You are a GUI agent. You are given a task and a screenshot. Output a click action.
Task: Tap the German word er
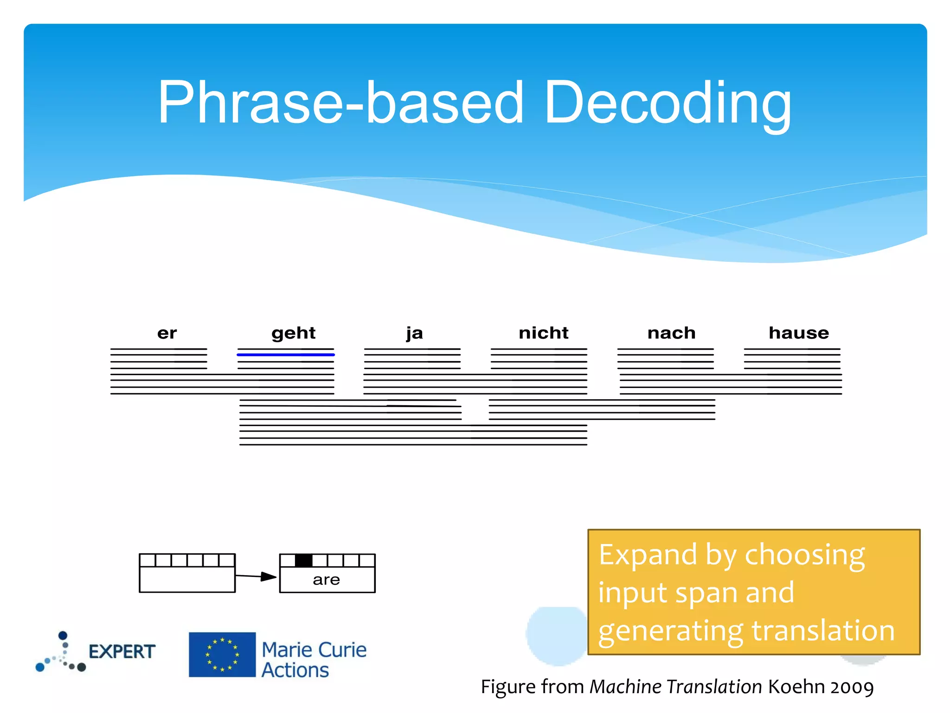(x=167, y=333)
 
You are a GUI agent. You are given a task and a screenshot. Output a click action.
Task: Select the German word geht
(x=293, y=333)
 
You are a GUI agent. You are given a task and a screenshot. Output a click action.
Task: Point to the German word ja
(x=414, y=333)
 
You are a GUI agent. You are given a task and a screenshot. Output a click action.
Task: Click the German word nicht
(x=543, y=333)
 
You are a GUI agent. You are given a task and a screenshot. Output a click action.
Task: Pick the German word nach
(x=671, y=333)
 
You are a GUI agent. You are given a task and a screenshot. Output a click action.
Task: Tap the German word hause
(x=798, y=333)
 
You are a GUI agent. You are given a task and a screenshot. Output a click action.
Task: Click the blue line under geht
(x=286, y=355)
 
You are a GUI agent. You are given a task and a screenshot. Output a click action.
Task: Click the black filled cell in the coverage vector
(x=303, y=560)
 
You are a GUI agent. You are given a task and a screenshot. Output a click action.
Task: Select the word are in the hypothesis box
(x=326, y=580)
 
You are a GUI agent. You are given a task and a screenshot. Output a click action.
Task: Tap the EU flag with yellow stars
(x=222, y=655)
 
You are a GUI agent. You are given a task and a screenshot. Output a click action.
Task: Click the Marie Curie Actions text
(x=314, y=660)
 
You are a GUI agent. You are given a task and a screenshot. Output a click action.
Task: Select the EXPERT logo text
(x=122, y=652)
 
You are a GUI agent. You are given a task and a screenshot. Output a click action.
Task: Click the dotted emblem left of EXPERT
(x=61, y=652)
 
